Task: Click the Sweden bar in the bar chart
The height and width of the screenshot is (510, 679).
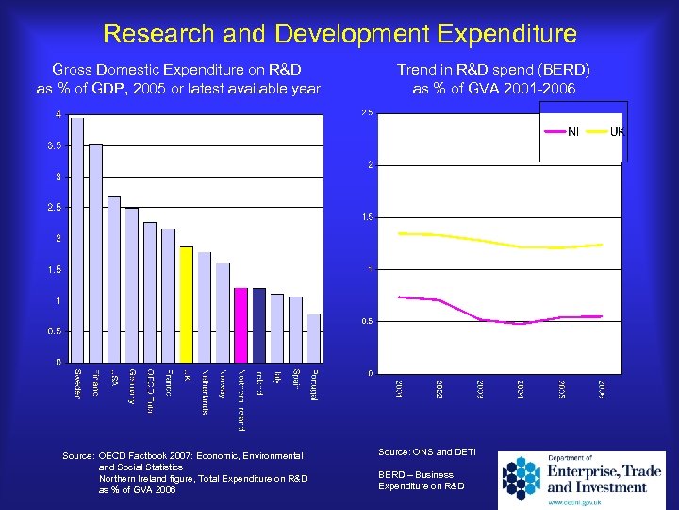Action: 77,241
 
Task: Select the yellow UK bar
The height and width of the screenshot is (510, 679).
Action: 186,304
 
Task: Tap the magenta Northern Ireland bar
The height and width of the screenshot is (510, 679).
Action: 240,325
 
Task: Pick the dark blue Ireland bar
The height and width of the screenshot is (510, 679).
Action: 258,325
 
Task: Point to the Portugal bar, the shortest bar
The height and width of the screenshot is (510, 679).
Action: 313,338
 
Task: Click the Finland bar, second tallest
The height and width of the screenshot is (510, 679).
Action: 95,253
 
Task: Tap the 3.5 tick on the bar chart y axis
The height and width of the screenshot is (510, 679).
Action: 58,146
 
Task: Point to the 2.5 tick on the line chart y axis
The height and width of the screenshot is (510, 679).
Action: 368,114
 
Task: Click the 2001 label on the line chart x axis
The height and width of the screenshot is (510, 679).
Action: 400,388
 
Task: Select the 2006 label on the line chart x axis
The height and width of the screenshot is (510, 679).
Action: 601,388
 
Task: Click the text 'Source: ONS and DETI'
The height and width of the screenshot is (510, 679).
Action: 426,455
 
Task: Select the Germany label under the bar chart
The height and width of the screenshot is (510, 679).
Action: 131,385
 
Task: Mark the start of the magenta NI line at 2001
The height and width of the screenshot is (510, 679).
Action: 400,297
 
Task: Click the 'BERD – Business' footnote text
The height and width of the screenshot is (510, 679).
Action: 415,474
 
